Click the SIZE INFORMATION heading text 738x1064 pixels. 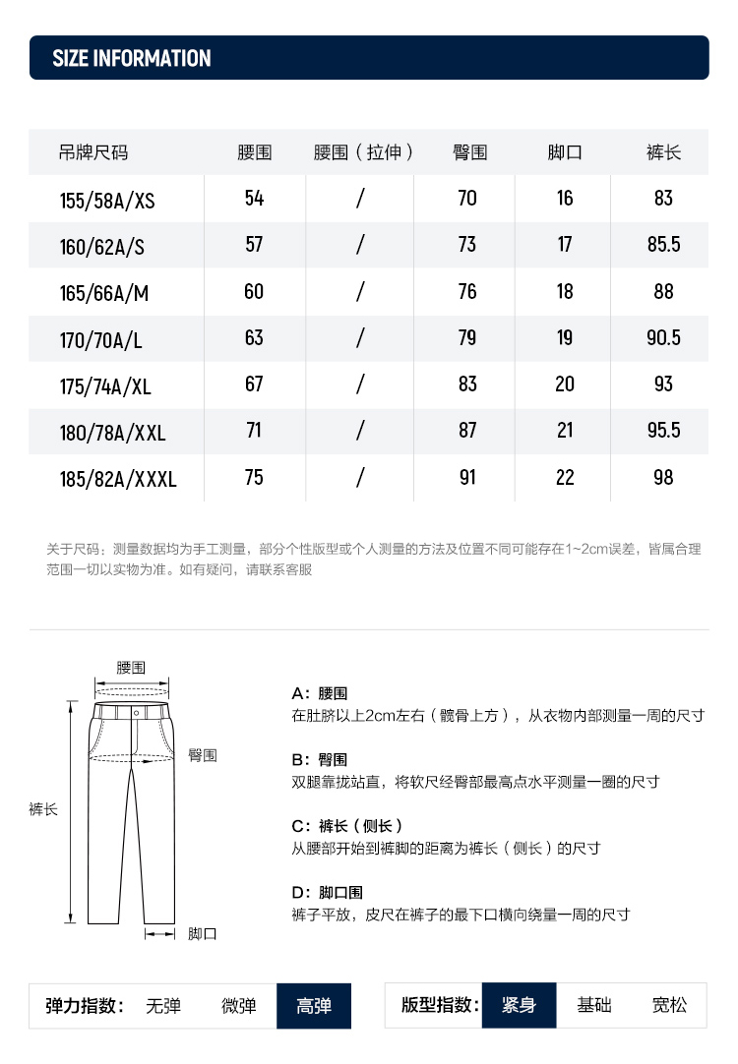132,59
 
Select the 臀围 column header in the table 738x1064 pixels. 469,152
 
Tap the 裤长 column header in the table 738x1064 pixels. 663,152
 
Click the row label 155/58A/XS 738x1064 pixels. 107,201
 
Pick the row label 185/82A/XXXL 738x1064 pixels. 118,480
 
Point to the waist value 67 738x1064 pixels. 254,384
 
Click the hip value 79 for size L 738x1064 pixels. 467,337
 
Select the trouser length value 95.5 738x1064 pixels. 663,430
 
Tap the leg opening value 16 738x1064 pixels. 564,199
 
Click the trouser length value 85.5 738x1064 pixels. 663,245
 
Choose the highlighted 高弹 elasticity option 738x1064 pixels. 314,1006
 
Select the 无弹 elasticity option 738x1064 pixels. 163,1006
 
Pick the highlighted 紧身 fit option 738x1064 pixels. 519,1005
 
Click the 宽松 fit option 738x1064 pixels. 670,1005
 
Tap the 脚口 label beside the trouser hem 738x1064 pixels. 203,933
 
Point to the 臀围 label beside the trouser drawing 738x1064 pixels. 203,755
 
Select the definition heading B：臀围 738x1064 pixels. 320,760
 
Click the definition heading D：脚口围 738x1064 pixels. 328,893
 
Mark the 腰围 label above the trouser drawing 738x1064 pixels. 131,667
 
